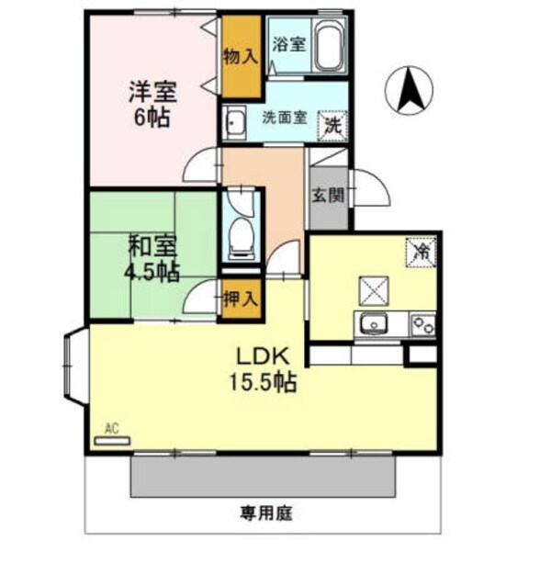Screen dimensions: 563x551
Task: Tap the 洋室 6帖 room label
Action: point(152,105)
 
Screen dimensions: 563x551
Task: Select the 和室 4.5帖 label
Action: point(152,259)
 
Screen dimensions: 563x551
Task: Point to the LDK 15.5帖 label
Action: point(265,368)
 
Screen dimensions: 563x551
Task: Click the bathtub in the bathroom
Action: point(328,46)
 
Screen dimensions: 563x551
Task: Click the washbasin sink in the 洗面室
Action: point(235,122)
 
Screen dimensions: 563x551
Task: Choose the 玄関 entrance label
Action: point(328,195)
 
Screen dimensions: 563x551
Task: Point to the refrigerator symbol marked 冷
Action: point(422,249)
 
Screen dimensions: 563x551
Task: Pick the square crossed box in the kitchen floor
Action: point(374,290)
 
